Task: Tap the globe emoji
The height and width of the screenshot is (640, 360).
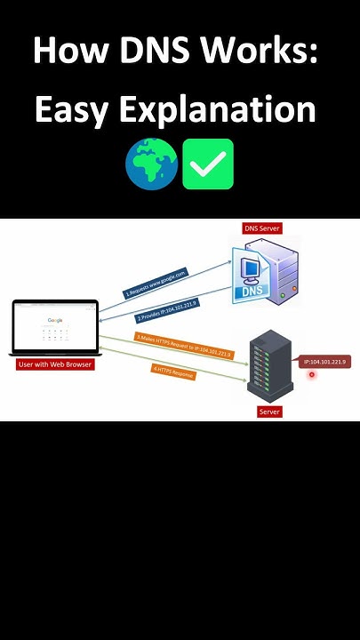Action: (152, 164)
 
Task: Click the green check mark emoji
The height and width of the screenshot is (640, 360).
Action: (208, 164)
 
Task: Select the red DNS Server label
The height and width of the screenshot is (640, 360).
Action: (262, 228)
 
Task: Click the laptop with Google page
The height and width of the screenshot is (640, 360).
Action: (55, 331)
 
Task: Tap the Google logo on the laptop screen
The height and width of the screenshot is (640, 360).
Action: (55, 320)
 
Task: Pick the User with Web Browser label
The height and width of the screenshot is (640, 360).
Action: (55, 364)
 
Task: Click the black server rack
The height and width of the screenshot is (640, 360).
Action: (268, 365)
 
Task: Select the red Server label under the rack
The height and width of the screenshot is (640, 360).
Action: (269, 412)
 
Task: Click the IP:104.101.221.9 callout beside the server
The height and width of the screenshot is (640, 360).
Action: (324, 362)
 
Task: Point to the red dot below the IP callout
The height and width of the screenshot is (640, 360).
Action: (312, 375)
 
